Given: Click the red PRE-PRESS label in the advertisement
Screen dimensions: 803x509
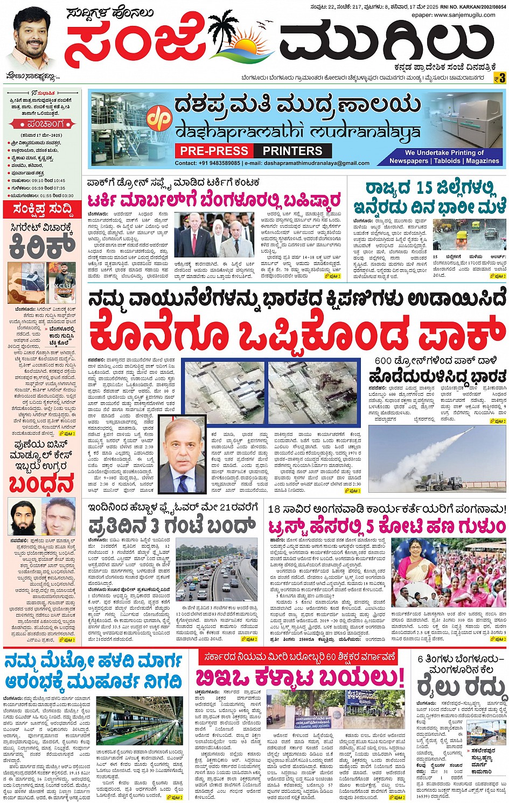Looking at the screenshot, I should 214,151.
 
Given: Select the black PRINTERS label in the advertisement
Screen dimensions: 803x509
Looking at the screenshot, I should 292,151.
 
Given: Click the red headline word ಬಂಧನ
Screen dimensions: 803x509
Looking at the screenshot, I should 41,484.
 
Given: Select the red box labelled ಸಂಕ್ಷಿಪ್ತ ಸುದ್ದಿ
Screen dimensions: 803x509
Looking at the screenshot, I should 41,209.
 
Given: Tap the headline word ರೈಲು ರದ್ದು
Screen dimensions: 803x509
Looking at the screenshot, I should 462,687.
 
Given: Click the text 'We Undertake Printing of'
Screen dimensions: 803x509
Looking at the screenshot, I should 444,152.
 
